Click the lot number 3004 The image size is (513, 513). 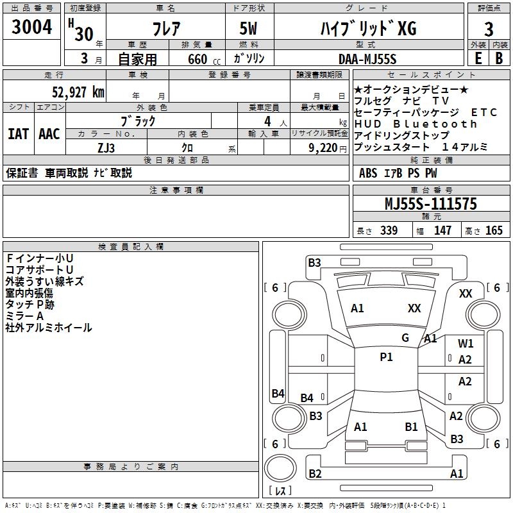pos(32,29)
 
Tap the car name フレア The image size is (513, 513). pos(165,29)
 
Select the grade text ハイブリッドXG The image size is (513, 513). pos(368,29)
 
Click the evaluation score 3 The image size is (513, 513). pos(489,30)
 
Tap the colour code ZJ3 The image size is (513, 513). pos(106,147)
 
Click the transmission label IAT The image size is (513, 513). pos(17,134)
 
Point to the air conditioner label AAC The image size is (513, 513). pos(49,134)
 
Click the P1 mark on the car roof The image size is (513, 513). pos(386,357)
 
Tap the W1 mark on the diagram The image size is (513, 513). pos(466,344)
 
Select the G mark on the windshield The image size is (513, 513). pos(405,337)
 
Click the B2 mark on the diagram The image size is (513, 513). pos(315,474)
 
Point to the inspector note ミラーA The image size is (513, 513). pos(24,316)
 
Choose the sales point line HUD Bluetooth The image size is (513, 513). pos(416,124)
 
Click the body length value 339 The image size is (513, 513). pos(389,231)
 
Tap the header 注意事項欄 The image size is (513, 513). pos(176,190)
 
